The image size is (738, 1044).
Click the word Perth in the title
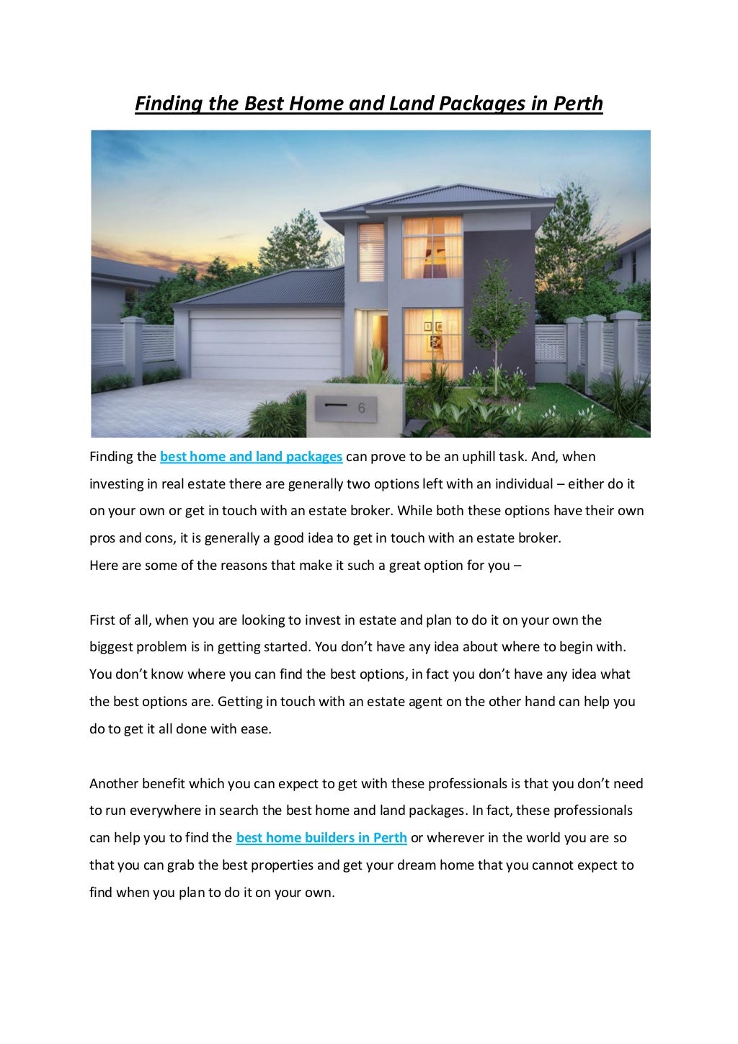(x=577, y=104)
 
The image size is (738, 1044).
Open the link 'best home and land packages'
(x=251, y=457)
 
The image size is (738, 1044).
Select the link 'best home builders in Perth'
(x=321, y=838)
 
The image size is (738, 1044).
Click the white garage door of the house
(x=263, y=347)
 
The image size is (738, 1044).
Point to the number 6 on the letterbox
(x=362, y=409)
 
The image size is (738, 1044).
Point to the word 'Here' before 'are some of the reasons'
(x=103, y=565)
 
